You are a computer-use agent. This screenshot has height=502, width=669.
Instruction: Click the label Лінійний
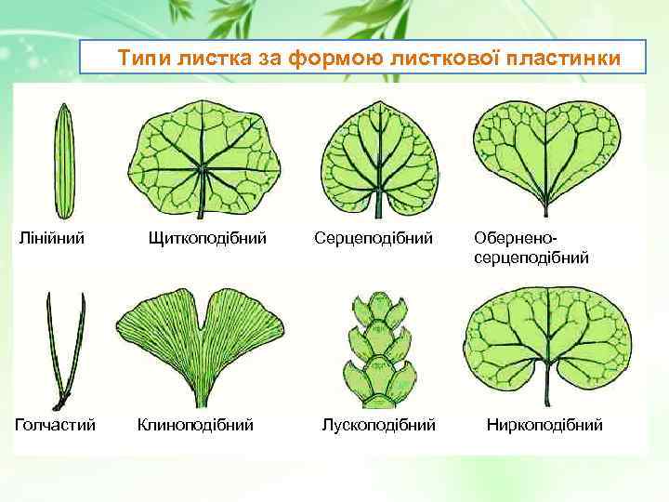click(x=53, y=239)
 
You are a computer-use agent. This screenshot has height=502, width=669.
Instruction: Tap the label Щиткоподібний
click(x=207, y=239)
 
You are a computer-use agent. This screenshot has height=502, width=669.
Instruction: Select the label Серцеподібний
click(x=374, y=239)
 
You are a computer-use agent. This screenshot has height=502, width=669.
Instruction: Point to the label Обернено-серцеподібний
click(x=531, y=248)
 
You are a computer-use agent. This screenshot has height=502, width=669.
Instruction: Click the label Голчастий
click(x=55, y=425)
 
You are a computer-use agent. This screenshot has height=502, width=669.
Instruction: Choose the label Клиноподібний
click(x=195, y=425)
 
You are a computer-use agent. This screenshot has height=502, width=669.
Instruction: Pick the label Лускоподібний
click(x=378, y=425)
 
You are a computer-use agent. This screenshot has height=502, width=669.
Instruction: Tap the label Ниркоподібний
click(x=544, y=425)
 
